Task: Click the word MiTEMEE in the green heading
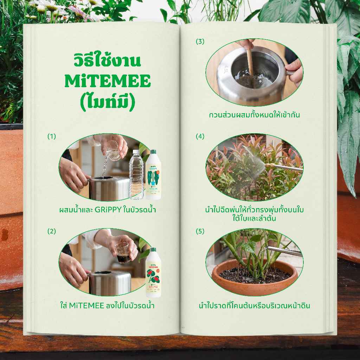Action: [108, 81]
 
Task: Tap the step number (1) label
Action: [52, 136]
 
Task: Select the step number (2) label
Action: [52, 231]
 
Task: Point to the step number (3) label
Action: [200, 41]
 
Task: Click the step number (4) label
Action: [200, 136]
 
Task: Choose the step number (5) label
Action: [200, 231]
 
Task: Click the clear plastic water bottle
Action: [136, 175]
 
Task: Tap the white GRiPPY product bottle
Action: [154, 174]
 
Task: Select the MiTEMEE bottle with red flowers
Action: [153, 272]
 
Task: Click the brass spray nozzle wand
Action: [284, 167]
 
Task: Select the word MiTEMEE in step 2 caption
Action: [86, 306]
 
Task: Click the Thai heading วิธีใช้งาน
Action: [107, 60]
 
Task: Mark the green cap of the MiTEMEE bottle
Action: [153, 250]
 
